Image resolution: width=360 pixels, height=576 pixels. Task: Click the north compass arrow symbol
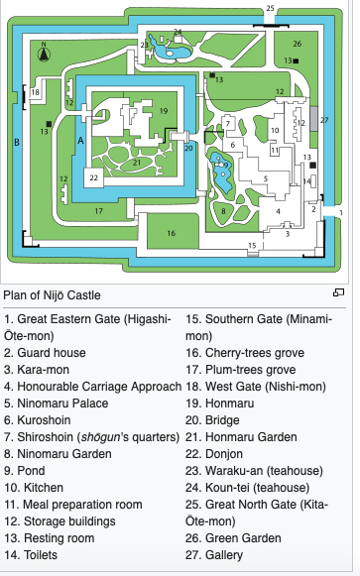(44, 54)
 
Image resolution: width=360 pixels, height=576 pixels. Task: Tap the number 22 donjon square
(93, 177)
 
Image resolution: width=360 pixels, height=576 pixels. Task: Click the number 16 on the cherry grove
(172, 233)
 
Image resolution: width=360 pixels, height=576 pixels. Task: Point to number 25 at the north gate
(270, 8)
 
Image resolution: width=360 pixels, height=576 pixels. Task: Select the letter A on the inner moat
(80, 141)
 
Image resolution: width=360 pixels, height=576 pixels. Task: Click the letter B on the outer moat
(17, 142)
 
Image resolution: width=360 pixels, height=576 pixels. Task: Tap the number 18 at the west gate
(35, 92)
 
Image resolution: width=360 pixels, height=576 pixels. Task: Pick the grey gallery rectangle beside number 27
(313, 119)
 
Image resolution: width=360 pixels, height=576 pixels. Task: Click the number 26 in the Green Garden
(298, 44)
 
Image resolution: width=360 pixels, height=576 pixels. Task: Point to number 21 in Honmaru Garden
(137, 163)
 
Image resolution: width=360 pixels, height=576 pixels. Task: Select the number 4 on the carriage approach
(278, 211)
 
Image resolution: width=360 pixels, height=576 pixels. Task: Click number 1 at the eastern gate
(341, 212)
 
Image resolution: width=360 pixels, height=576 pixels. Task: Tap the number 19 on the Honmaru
(164, 111)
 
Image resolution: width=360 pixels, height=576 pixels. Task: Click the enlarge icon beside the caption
(338, 292)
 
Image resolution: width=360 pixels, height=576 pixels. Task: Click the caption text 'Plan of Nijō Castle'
(52, 295)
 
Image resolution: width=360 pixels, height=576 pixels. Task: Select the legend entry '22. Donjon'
(214, 454)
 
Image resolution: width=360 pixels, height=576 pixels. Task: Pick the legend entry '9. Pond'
(25, 471)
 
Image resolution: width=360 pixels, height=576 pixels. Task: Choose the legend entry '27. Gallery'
(214, 555)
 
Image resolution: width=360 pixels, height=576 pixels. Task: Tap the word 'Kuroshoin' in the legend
(44, 420)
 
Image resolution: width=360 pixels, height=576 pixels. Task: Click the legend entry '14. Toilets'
(31, 555)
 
